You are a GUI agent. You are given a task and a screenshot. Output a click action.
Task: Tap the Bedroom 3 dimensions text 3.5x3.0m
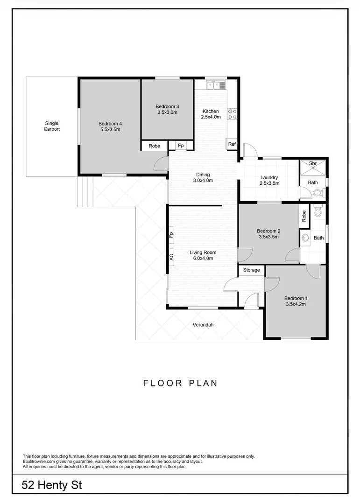pos(167,112)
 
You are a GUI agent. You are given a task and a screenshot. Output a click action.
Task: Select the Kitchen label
pos(211,111)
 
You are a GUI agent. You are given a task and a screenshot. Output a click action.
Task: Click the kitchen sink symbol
pos(214,85)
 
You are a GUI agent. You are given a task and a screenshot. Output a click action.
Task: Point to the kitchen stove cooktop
pos(232,113)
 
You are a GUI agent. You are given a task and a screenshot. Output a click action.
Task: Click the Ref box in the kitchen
pos(232,144)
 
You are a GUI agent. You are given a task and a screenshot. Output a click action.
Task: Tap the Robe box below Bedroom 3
pos(155,146)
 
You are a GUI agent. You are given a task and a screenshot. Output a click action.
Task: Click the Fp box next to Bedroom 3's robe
pos(181,146)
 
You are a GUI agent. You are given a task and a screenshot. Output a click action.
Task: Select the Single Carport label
pos(52,126)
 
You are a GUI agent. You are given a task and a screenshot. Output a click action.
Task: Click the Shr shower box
pos(313,164)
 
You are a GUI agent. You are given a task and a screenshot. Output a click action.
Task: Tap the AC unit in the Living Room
pos(171,257)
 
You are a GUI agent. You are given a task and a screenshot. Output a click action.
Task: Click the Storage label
pos(252,270)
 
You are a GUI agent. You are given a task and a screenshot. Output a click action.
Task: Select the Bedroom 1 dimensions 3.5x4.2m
pos(296,304)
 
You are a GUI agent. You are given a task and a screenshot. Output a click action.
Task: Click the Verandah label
pos(203,325)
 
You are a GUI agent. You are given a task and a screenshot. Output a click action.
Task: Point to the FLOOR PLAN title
pos(180,384)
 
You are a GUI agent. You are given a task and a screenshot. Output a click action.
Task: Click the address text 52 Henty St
pos(52,485)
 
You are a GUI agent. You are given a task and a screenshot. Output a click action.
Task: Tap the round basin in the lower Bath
pos(306,238)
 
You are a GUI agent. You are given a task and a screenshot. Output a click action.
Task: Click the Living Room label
pos(203,252)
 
